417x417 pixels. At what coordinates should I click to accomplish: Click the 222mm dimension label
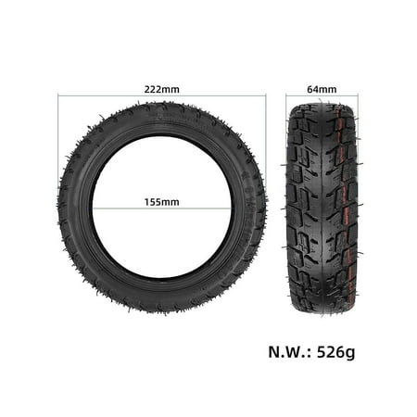coord(161,89)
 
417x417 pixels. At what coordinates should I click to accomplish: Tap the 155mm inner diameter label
coord(161,202)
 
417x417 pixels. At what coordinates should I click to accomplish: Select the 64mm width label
coord(322,89)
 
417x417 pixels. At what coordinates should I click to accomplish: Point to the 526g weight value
coord(336,352)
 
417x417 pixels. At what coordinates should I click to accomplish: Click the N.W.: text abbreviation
coord(290,352)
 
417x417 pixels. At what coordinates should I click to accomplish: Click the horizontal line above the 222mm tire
coord(161,96)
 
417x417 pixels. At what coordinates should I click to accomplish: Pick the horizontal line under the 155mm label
coord(162,208)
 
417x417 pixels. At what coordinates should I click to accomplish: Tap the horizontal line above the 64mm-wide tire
coord(322,95)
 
